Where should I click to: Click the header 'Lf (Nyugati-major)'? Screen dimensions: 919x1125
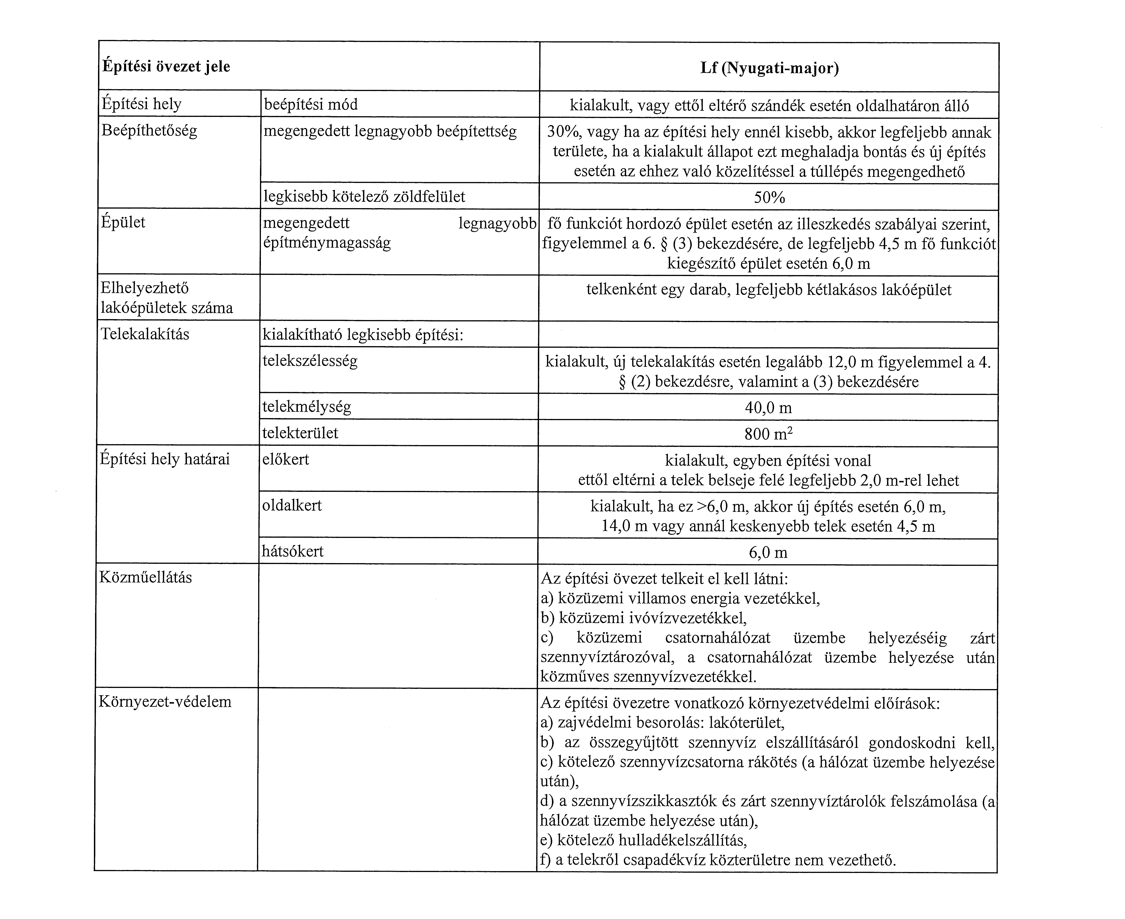point(770,68)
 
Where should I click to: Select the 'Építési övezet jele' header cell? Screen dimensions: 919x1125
point(166,67)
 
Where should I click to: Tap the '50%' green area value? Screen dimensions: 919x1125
point(770,197)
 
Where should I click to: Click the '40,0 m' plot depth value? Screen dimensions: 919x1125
point(768,408)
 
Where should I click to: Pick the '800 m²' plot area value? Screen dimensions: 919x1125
point(768,434)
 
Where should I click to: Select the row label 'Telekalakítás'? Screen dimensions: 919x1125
point(145,334)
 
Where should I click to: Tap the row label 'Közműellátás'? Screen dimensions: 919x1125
point(145,577)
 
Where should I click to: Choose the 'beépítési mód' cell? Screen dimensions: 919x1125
point(311,104)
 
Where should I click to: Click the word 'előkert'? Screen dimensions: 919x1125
point(286,459)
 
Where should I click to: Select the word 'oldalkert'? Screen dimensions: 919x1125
point(292,505)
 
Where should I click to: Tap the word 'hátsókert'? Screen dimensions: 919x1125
point(293,551)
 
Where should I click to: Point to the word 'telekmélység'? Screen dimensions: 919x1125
point(307,407)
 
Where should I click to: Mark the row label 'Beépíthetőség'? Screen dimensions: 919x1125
point(149,130)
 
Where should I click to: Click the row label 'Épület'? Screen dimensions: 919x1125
point(123,222)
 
